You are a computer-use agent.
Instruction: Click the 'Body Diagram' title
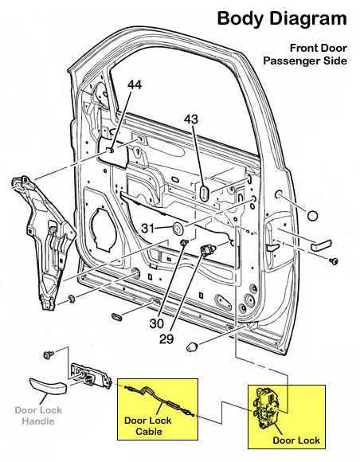[282, 18]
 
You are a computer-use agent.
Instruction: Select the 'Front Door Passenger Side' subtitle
[305, 54]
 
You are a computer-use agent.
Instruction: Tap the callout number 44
[135, 84]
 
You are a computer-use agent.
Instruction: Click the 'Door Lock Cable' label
[148, 425]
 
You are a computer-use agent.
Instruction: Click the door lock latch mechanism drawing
[270, 408]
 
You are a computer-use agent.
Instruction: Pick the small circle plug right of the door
[312, 215]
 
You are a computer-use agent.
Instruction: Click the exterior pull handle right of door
[323, 244]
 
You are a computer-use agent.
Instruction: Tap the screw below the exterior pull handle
[335, 261]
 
